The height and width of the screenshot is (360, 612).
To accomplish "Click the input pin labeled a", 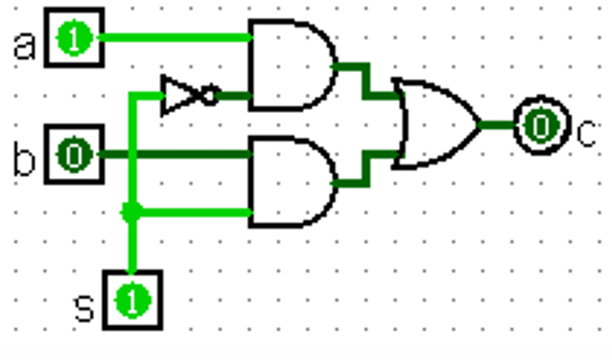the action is [74, 38].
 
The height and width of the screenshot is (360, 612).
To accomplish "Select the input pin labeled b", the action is [74, 154].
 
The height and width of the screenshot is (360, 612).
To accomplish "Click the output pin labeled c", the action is [541, 126].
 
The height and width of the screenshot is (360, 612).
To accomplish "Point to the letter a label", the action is [25, 46].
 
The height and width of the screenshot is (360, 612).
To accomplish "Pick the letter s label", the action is [84, 307].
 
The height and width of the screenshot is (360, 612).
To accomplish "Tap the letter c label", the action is [587, 133].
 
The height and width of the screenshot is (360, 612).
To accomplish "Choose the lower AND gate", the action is [289, 182].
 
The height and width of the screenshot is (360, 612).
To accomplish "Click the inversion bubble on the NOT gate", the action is [211, 96].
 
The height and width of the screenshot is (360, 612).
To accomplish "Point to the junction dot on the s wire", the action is [131, 212].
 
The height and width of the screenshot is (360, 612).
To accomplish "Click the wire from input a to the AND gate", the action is [174, 37].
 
